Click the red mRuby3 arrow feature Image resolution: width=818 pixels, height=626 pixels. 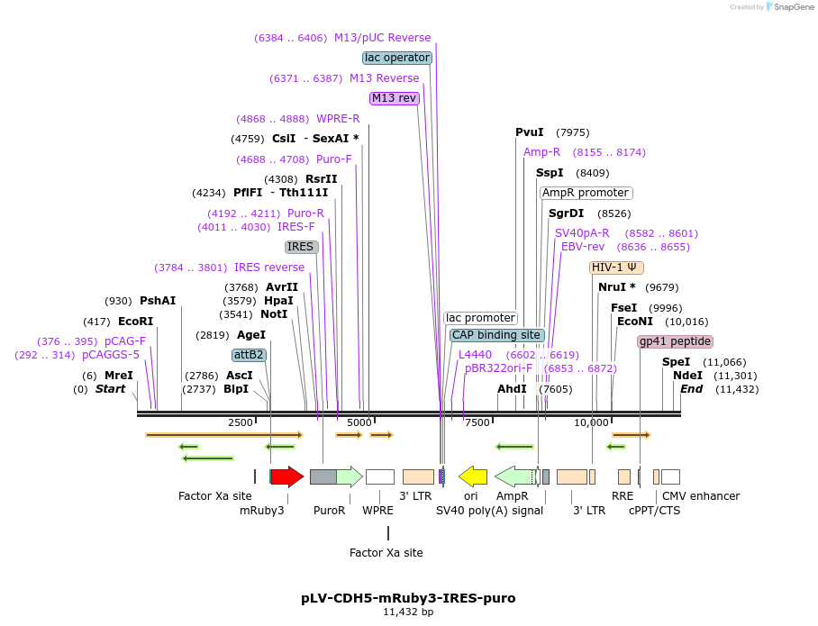[286, 476]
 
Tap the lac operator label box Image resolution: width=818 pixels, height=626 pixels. [397, 58]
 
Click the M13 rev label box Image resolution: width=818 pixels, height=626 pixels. [395, 98]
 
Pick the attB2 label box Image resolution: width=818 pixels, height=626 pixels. [249, 355]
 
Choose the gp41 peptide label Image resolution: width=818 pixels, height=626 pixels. [675, 341]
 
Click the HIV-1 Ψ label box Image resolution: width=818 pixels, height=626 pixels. [616, 268]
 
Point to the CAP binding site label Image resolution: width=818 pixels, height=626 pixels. [496, 335]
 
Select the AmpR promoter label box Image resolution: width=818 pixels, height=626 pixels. [586, 193]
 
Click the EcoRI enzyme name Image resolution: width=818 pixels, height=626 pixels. [135, 321]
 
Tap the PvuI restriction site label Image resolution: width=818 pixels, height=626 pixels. [530, 132]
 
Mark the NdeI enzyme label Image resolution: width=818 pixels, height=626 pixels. [687, 376]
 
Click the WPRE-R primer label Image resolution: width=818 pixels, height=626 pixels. [338, 119]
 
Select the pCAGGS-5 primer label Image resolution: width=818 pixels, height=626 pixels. [111, 355]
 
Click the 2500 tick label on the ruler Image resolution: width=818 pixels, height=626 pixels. [241, 422]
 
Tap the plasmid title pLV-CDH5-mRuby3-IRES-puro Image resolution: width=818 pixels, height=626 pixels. [408, 597]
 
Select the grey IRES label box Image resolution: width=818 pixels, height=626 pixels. [301, 247]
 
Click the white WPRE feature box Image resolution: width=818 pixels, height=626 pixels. [379, 476]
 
